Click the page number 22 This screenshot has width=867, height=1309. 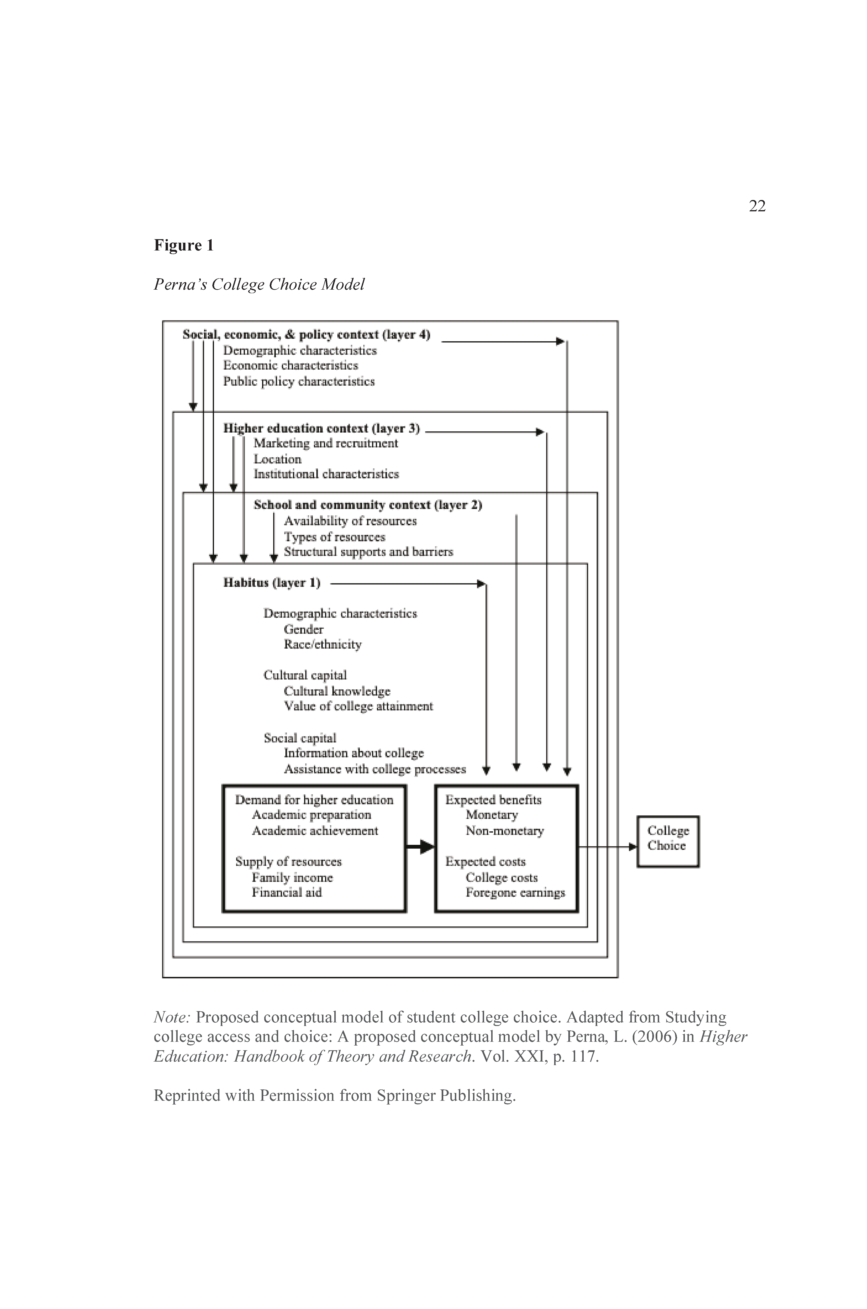click(757, 206)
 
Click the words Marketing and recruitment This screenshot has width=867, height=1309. click(326, 443)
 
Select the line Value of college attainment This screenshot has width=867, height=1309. click(358, 706)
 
